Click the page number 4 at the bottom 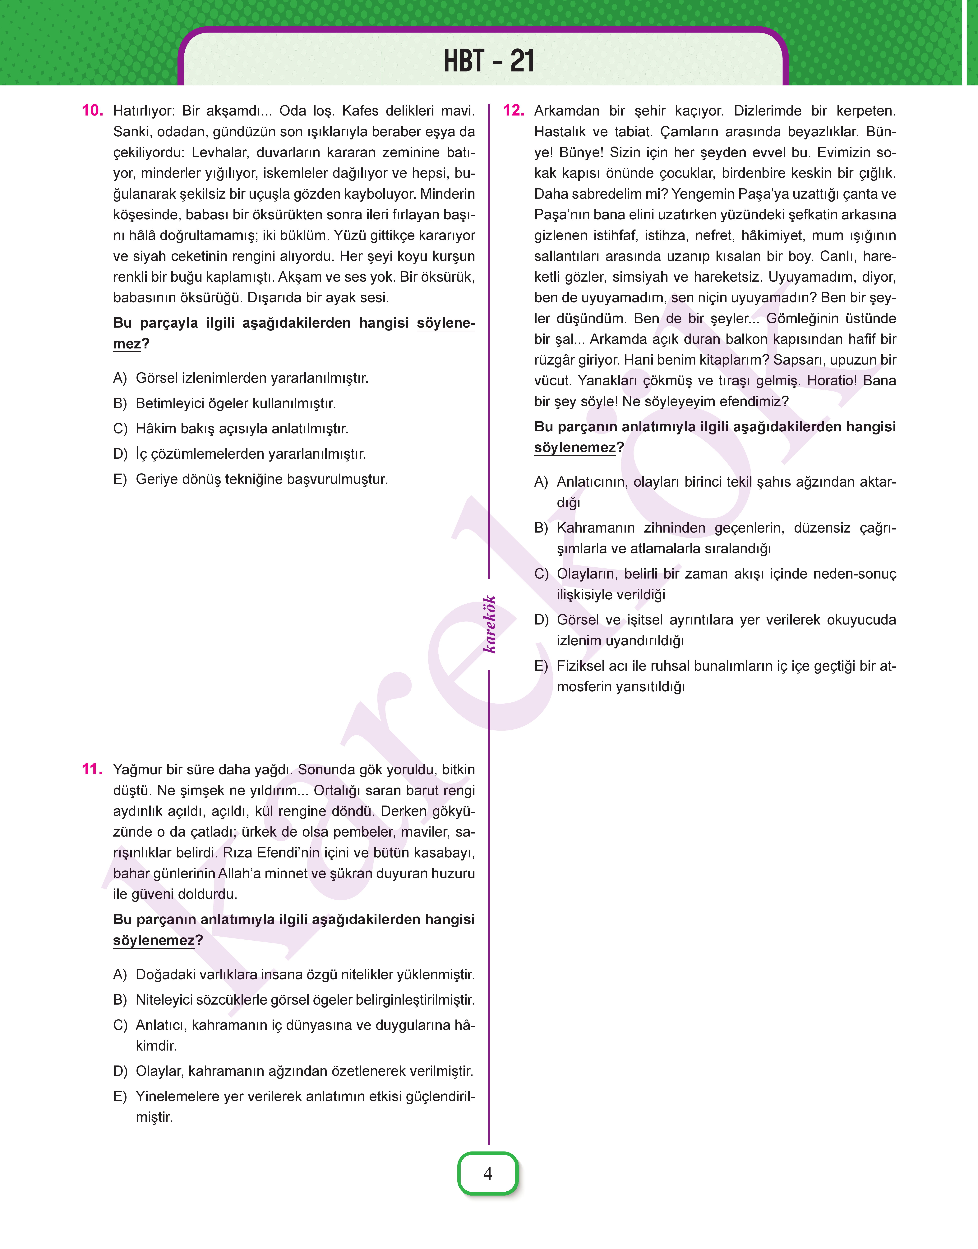pyautogui.click(x=488, y=1174)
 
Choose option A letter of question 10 pyautogui.click(x=120, y=378)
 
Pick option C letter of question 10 pyautogui.click(x=120, y=429)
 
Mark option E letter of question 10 pyautogui.click(x=120, y=479)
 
